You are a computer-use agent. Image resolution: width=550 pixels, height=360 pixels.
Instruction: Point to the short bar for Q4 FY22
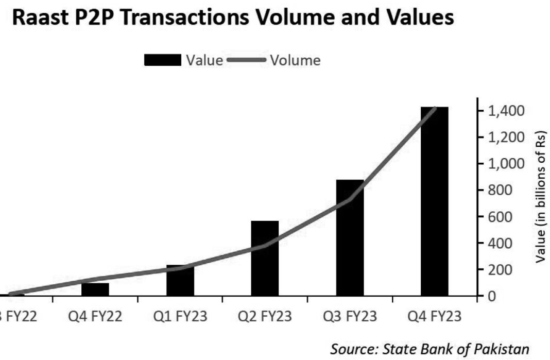click(x=95, y=289)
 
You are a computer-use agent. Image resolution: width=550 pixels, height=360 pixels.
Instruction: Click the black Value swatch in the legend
click(x=162, y=60)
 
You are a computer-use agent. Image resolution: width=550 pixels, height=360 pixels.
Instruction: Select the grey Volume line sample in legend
click(x=246, y=60)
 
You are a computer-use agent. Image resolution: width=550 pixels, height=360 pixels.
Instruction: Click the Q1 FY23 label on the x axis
click(x=180, y=316)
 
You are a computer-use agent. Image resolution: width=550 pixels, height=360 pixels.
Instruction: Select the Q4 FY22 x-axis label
click(x=95, y=316)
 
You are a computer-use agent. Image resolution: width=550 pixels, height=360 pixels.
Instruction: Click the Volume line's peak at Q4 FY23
click(x=435, y=108)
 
